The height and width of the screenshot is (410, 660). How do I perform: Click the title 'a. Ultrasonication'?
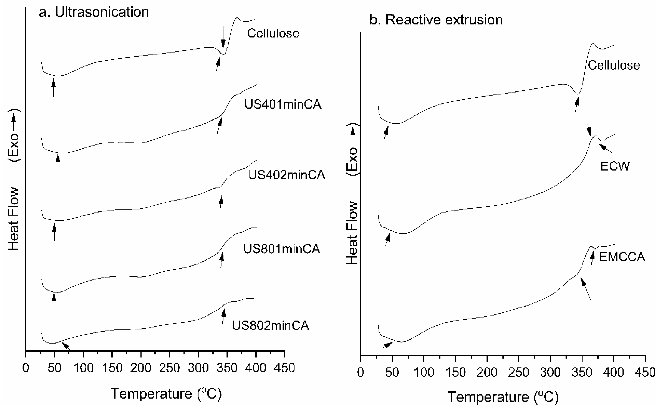[94, 12]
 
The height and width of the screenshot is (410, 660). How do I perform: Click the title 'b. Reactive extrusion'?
[436, 20]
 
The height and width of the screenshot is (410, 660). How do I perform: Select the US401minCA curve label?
[283, 104]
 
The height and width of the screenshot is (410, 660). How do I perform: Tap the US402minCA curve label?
[287, 175]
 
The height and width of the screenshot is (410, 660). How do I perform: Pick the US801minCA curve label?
[282, 249]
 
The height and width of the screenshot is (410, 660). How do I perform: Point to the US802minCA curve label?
[270, 325]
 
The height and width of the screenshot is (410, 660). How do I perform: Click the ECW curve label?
[615, 166]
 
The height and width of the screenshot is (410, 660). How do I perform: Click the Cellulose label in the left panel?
[273, 33]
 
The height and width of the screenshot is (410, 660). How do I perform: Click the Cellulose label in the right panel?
[614, 65]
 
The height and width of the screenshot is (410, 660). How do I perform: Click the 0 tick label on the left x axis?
[26, 368]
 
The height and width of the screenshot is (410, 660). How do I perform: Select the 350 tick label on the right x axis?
[582, 372]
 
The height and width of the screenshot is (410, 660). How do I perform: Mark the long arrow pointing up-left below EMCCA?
[586, 289]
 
